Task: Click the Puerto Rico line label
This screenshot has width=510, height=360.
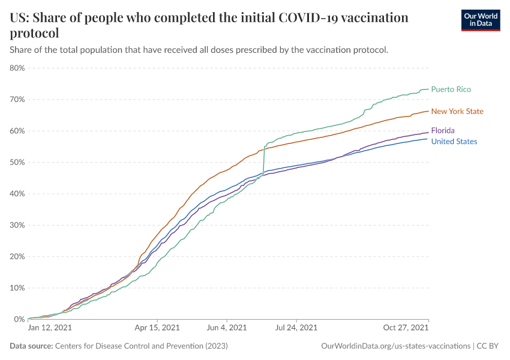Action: (451, 89)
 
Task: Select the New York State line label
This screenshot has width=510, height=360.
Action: (457, 111)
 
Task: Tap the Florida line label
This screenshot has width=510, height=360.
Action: (443, 130)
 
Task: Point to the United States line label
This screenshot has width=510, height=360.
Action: (454, 142)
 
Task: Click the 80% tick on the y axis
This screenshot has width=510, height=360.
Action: (17, 68)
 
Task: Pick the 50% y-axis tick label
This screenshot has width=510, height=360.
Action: (17, 162)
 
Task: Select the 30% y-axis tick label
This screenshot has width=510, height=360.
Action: (17, 225)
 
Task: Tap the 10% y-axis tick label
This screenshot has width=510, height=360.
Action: (17, 288)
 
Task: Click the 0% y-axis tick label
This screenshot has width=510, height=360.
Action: (19, 319)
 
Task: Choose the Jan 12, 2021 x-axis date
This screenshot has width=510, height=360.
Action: (50, 328)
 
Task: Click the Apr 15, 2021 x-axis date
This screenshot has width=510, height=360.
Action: (157, 328)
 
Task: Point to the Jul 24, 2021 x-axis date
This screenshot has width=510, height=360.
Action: (296, 328)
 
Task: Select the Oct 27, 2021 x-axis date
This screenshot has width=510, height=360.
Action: (406, 328)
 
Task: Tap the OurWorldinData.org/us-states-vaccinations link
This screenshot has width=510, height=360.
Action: (395, 346)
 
